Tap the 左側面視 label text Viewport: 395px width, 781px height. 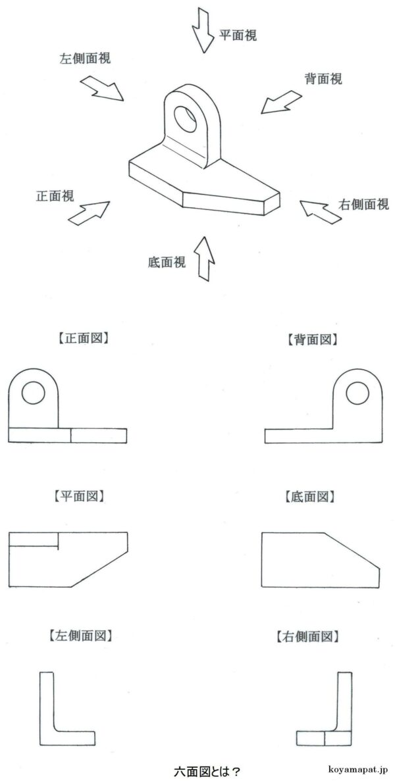coord(85,58)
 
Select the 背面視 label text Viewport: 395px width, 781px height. coord(323,79)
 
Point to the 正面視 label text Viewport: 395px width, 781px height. coord(55,195)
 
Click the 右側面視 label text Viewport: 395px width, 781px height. coord(363,204)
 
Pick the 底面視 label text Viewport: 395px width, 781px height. coord(167,262)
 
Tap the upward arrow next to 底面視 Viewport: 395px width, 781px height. coord(205,258)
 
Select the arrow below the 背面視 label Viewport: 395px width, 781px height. coord(280,102)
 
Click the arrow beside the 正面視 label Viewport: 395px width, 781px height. coord(88,213)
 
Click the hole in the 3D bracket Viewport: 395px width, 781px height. coord(186,117)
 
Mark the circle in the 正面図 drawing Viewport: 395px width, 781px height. coord(33,393)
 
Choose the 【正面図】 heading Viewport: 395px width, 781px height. coord(80,340)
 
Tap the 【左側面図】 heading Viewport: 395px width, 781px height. coord(80,636)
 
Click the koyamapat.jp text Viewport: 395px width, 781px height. coord(359,768)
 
